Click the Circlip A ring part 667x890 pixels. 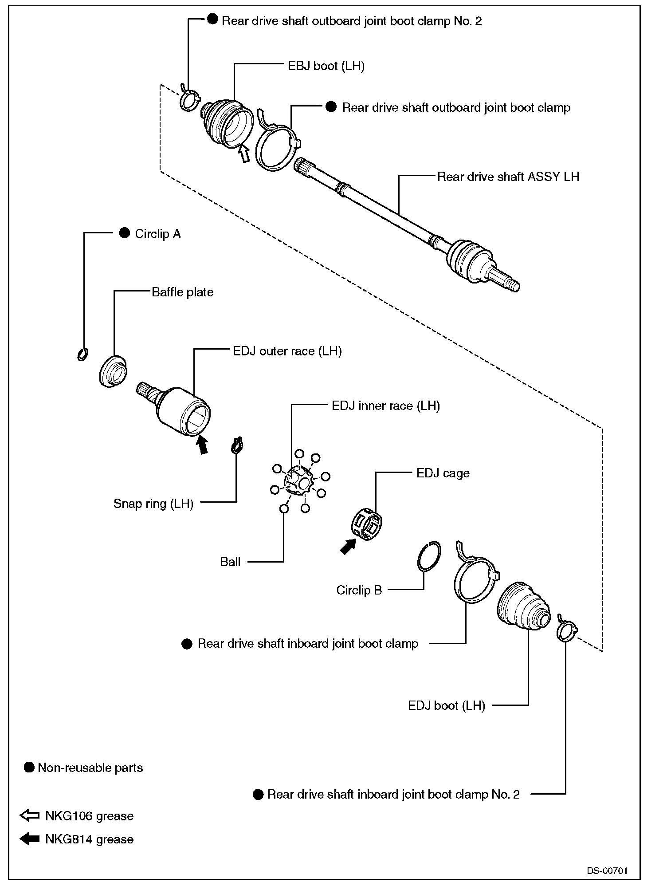point(82,354)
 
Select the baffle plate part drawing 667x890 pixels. point(112,371)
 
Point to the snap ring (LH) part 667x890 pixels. point(238,445)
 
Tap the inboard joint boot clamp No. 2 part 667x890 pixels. point(566,630)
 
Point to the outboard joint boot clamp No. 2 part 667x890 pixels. point(189,100)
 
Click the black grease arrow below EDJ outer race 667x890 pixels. point(202,444)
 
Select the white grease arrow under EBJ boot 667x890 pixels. point(243,155)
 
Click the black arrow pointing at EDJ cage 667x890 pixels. point(348,546)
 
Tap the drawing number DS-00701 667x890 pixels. point(607,870)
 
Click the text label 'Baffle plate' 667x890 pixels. point(182,292)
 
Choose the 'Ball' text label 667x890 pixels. point(230,562)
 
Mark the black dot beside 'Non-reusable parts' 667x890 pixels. point(29,768)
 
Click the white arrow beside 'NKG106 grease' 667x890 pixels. point(30,816)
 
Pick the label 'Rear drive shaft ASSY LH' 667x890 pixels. point(508,177)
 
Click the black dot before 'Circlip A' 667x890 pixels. point(125,233)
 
